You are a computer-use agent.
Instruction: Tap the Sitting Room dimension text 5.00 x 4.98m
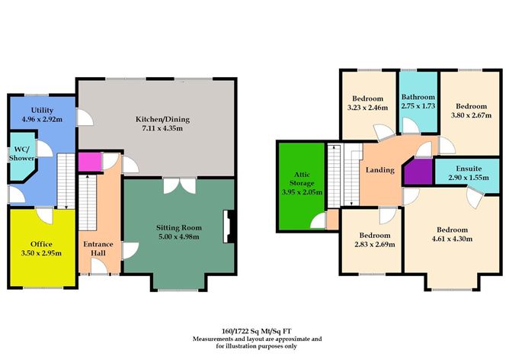pyautogui.click(x=178, y=236)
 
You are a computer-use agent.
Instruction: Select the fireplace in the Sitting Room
pyautogui.click(x=226, y=226)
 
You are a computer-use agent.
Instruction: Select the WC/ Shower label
pyautogui.click(x=18, y=154)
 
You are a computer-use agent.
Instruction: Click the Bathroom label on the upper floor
pyautogui.click(x=418, y=98)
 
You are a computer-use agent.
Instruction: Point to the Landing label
pyautogui.click(x=379, y=170)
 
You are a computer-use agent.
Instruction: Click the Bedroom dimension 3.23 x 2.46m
pyautogui.click(x=369, y=108)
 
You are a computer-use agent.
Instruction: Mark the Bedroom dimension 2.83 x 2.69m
pyautogui.click(x=371, y=246)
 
